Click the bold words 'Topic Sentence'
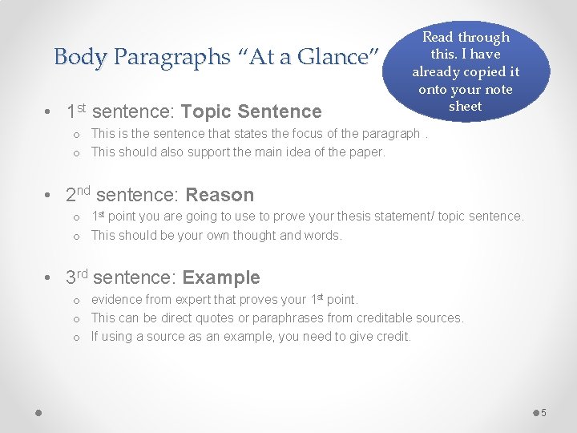[x=252, y=111]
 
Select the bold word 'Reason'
[x=220, y=195]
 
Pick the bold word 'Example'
[x=221, y=278]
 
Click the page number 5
[x=543, y=412]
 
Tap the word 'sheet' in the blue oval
[x=465, y=106]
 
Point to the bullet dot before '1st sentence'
[x=50, y=112]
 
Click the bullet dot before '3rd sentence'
[x=50, y=279]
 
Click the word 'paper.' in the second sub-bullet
[x=367, y=152]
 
